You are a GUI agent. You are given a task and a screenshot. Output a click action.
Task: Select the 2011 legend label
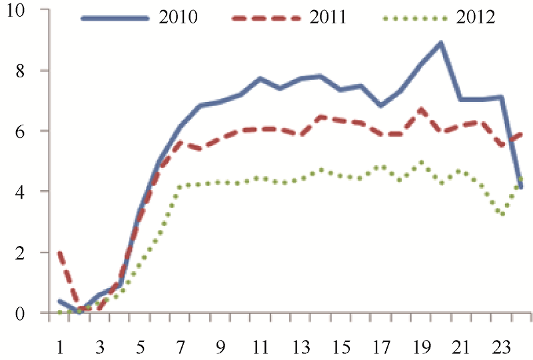(x=327, y=17)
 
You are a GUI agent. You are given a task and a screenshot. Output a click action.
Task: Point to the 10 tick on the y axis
(x=28, y=10)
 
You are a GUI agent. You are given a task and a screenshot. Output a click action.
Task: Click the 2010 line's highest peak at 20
(x=441, y=43)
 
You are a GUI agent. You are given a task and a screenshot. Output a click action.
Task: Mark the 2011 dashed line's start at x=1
(x=61, y=253)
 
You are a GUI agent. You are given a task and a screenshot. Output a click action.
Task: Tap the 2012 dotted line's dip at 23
(x=502, y=214)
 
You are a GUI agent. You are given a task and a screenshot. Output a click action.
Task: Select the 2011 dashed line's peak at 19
(x=421, y=109)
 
